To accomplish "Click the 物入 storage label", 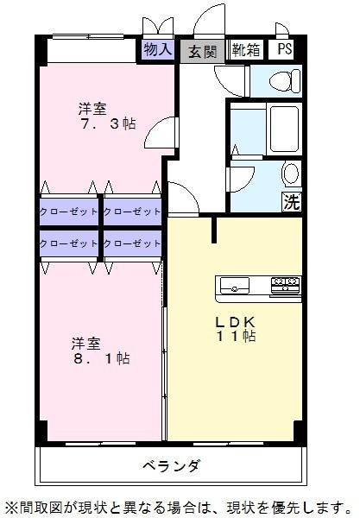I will pos(158,50).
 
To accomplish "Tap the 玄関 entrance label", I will pos(203,51).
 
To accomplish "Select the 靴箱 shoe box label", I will pos(246,50).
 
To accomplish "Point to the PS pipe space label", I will pos(284,50).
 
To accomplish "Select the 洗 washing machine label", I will pos(291,203).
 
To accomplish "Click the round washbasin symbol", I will pos(291,173).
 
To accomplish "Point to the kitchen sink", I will pos(235,285).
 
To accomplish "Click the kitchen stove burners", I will pos(284,284).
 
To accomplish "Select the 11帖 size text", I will pos(236,336).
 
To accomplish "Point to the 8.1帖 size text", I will pos(100,358).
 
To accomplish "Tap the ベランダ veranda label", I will pos(172,466).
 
